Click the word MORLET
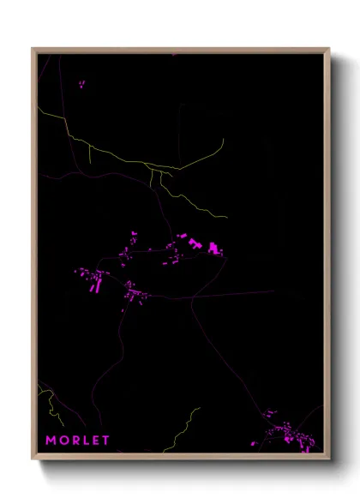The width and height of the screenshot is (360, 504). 78,441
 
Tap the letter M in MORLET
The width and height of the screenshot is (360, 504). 51,441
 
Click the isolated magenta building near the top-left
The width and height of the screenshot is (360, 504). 82,84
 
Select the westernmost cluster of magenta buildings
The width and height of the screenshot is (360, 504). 93,279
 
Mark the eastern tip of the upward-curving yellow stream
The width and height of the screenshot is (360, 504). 223,140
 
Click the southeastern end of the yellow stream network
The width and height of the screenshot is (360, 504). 226,218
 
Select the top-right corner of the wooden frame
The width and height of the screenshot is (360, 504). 330,48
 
